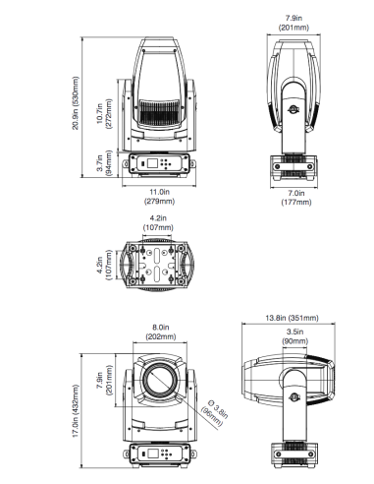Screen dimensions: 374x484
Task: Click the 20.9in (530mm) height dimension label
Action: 76,103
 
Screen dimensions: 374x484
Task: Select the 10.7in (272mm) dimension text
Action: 104,114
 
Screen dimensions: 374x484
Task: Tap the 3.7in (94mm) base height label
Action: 104,163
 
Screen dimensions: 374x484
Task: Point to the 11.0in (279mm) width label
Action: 160,197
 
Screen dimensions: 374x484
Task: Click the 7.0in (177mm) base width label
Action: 296,198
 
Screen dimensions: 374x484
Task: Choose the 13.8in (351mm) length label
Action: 292,318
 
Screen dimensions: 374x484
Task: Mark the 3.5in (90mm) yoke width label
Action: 295,336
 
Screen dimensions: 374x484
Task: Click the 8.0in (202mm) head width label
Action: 161,332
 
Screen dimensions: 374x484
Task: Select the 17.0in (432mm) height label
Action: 76,411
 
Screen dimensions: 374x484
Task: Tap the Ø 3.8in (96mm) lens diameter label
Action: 214,412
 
